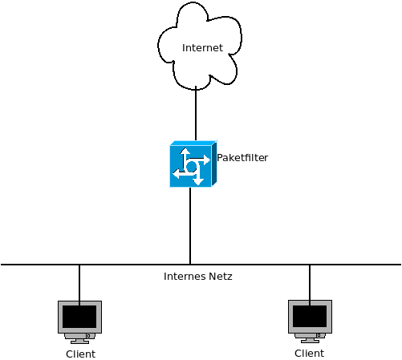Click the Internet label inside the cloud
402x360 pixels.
pos(202,48)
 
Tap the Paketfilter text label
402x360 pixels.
pos(242,158)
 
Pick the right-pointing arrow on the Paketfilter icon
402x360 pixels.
pos(205,160)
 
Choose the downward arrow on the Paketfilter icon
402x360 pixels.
pos(196,180)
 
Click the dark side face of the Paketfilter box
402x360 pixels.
pos(213,164)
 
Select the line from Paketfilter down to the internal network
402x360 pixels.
pos(190,225)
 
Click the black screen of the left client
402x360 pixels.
pos(79,317)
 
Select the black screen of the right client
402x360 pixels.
pos(310,316)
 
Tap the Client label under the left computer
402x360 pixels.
pos(80,354)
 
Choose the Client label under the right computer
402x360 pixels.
pos(310,354)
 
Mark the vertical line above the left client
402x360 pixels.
pos(79,282)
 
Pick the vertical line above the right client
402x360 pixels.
pos(310,281)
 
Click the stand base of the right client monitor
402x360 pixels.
pos(310,340)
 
